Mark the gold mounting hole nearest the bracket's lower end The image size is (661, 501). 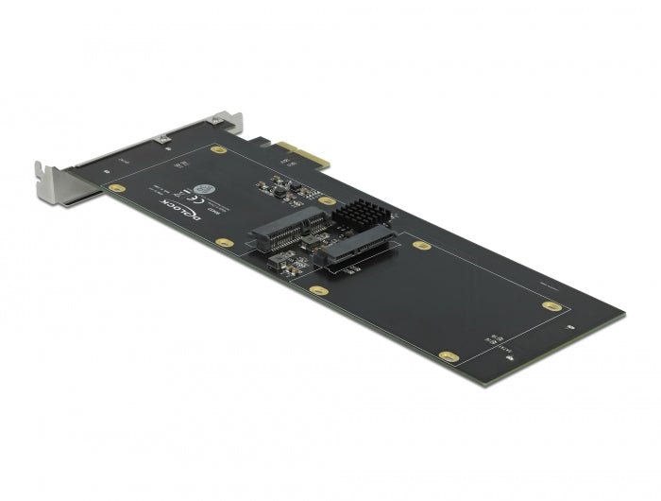[x=116, y=189]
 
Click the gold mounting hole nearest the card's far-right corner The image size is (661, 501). [x=551, y=304]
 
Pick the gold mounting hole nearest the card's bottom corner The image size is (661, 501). [x=451, y=357]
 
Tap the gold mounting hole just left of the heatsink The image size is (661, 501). [x=327, y=200]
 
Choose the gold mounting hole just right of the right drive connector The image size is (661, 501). [x=422, y=246]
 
